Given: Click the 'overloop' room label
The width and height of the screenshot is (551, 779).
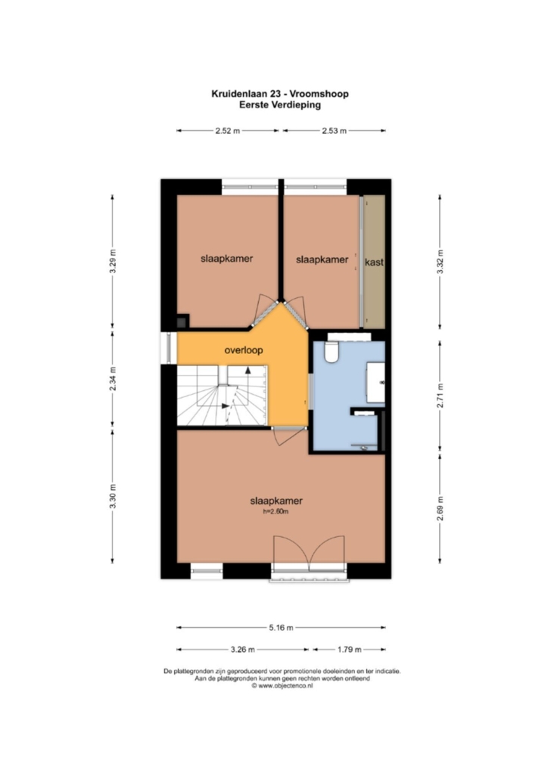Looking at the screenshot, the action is [243, 350].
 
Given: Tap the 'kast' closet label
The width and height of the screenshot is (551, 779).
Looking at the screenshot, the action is [374, 262].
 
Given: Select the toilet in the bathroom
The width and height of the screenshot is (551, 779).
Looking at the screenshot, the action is [331, 351].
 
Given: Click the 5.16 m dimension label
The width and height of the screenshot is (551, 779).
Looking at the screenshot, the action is [281, 628].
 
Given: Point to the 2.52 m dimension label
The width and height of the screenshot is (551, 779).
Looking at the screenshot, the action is [227, 131].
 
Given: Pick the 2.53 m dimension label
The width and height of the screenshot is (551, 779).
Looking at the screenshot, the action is [334, 131].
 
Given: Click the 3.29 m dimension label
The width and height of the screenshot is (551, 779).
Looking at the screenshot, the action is [113, 262].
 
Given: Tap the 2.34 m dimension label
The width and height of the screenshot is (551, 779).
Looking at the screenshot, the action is [113, 379].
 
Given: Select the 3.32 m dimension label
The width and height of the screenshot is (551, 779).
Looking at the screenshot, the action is [440, 262].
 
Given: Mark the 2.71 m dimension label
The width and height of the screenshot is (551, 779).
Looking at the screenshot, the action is [440, 396].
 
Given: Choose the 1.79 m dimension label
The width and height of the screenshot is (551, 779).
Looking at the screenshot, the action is [349, 650].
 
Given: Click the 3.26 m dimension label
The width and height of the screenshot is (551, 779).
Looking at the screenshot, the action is [243, 650].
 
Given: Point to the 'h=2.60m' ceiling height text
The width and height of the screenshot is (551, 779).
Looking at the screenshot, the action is [276, 511].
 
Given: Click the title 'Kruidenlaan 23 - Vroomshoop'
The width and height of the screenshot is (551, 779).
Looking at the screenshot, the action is [280, 94].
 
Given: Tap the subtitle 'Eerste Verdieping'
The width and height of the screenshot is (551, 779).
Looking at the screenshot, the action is [280, 105].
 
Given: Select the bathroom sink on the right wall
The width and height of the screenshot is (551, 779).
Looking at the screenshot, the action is [376, 382].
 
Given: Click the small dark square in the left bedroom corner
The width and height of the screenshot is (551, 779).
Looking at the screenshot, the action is [182, 321].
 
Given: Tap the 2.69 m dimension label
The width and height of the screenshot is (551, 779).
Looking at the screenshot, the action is [440, 509].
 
